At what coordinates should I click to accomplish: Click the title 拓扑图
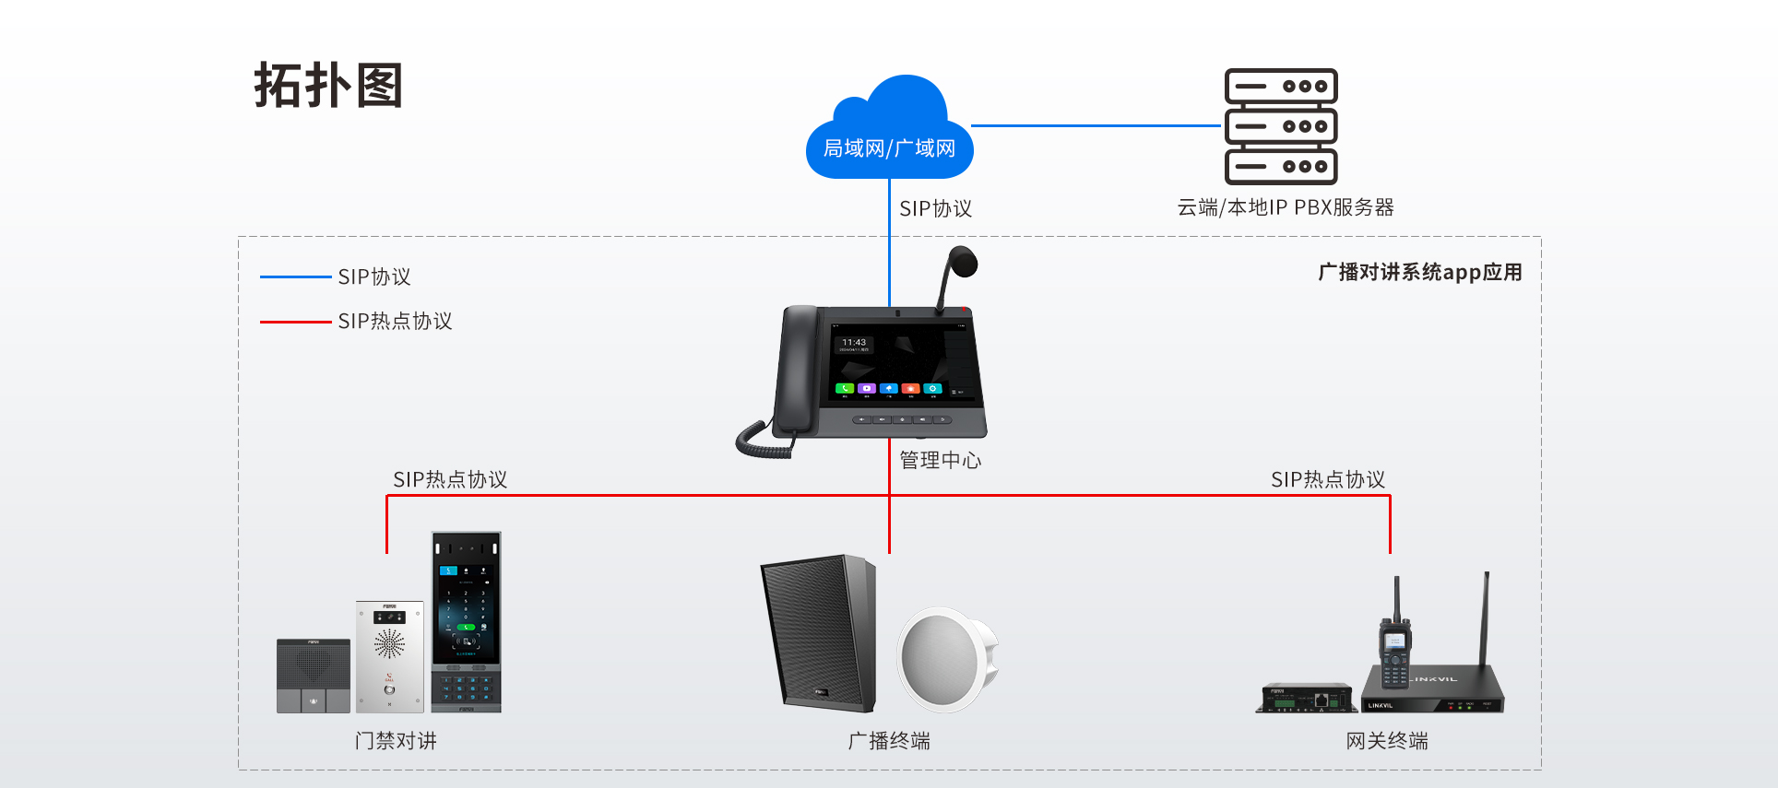click(328, 87)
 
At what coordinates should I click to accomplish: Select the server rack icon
click(1281, 126)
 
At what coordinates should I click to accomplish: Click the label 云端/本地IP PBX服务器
click(1285, 208)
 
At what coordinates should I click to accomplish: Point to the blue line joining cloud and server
click(1096, 125)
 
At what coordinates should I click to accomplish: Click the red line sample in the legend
click(295, 322)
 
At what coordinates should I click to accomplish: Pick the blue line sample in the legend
click(295, 276)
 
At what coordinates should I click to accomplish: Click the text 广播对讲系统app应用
click(1419, 272)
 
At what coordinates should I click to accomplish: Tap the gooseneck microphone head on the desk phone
click(963, 261)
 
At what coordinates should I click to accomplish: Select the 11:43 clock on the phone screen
click(854, 343)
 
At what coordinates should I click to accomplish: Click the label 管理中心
click(940, 460)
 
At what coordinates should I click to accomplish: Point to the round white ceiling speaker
click(945, 659)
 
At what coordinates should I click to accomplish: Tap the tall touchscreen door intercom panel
click(467, 621)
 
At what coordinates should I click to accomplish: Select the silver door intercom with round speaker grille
click(389, 656)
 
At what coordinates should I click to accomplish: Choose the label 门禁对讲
click(396, 741)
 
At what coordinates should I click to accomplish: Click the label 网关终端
click(1386, 741)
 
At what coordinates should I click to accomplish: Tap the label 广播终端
click(889, 741)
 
